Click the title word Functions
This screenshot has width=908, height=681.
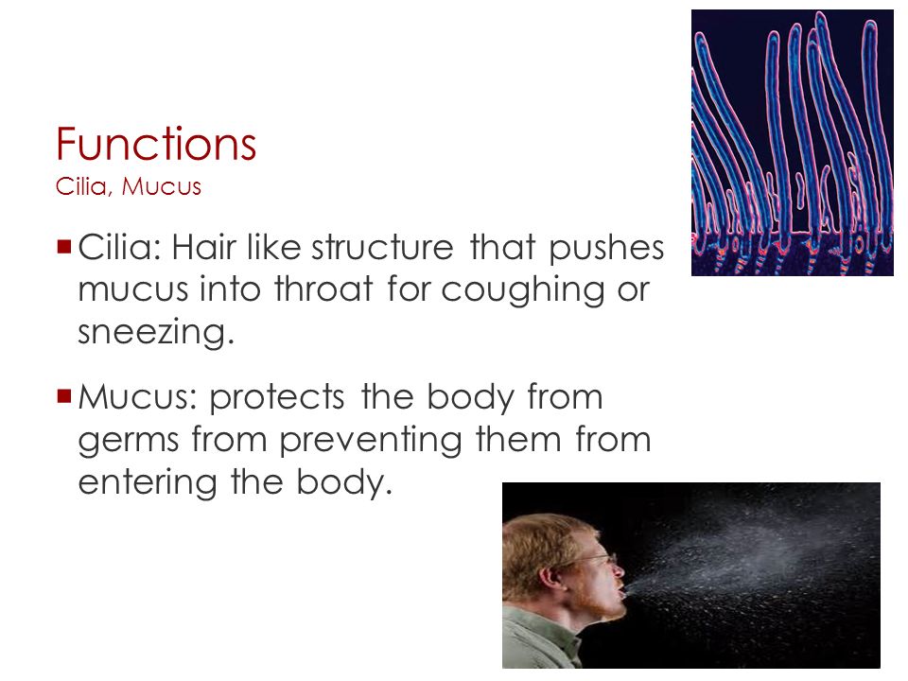point(156,143)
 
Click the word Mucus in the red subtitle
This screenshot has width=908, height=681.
point(162,186)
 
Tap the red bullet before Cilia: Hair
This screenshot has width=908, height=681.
point(63,247)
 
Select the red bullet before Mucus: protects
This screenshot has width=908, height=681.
point(63,396)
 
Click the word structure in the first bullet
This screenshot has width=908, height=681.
point(382,247)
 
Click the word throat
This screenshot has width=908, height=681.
point(323,288)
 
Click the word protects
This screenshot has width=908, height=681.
point(277,399)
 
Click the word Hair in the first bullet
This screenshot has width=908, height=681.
point(204,247)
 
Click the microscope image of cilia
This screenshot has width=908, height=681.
point(793,143)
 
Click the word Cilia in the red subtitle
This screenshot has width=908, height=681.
point(81,186)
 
